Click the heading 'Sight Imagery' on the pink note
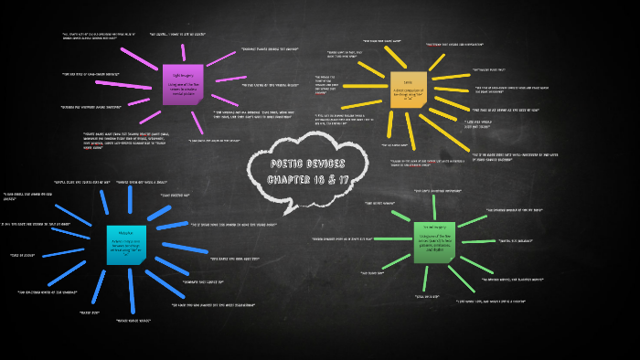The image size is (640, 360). coord(185,75)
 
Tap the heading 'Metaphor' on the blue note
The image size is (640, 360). coord(125,231)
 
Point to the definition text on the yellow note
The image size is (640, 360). coord(408,92)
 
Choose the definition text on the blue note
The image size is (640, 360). coord(125,244)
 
